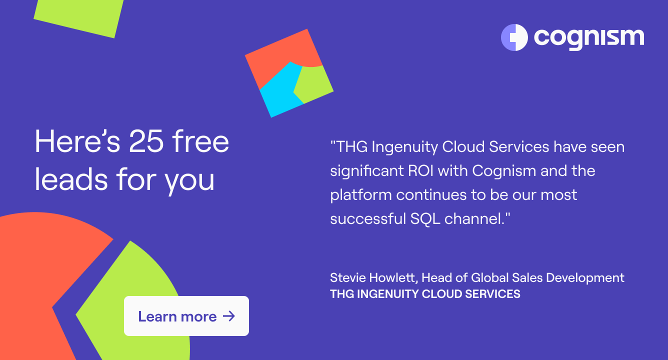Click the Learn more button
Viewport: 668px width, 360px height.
(186, 316)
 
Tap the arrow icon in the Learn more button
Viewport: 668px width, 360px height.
(229, 316)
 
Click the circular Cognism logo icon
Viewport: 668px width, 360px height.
(514, 37)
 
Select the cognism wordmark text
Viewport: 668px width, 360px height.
(589, 39)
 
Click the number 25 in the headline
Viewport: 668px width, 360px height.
(146, 141)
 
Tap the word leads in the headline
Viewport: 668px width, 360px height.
(71, 179)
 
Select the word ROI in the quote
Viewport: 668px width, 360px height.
(420, 171)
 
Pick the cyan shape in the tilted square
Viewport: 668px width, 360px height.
(280, 89)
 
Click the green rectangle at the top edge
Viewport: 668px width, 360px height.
(78, 16)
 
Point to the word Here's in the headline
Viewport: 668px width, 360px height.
(77, 141)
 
